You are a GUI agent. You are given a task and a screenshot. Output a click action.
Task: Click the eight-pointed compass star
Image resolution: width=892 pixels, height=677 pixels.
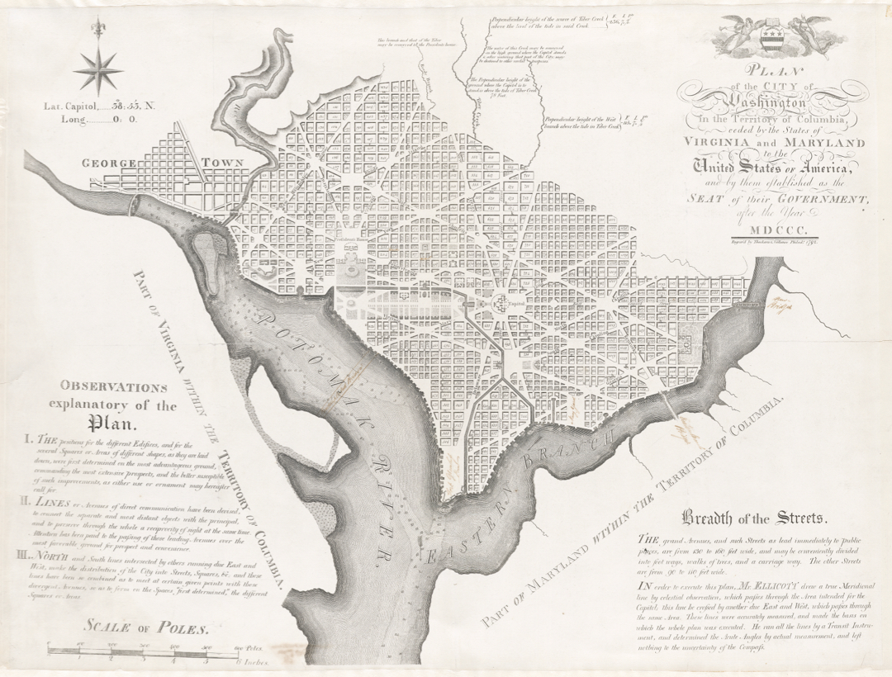(97, 69)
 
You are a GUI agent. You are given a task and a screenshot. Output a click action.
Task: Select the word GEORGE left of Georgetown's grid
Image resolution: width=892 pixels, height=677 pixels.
(108, 163)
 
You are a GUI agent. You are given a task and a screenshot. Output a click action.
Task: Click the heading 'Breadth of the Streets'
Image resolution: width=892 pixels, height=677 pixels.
(752, 518)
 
